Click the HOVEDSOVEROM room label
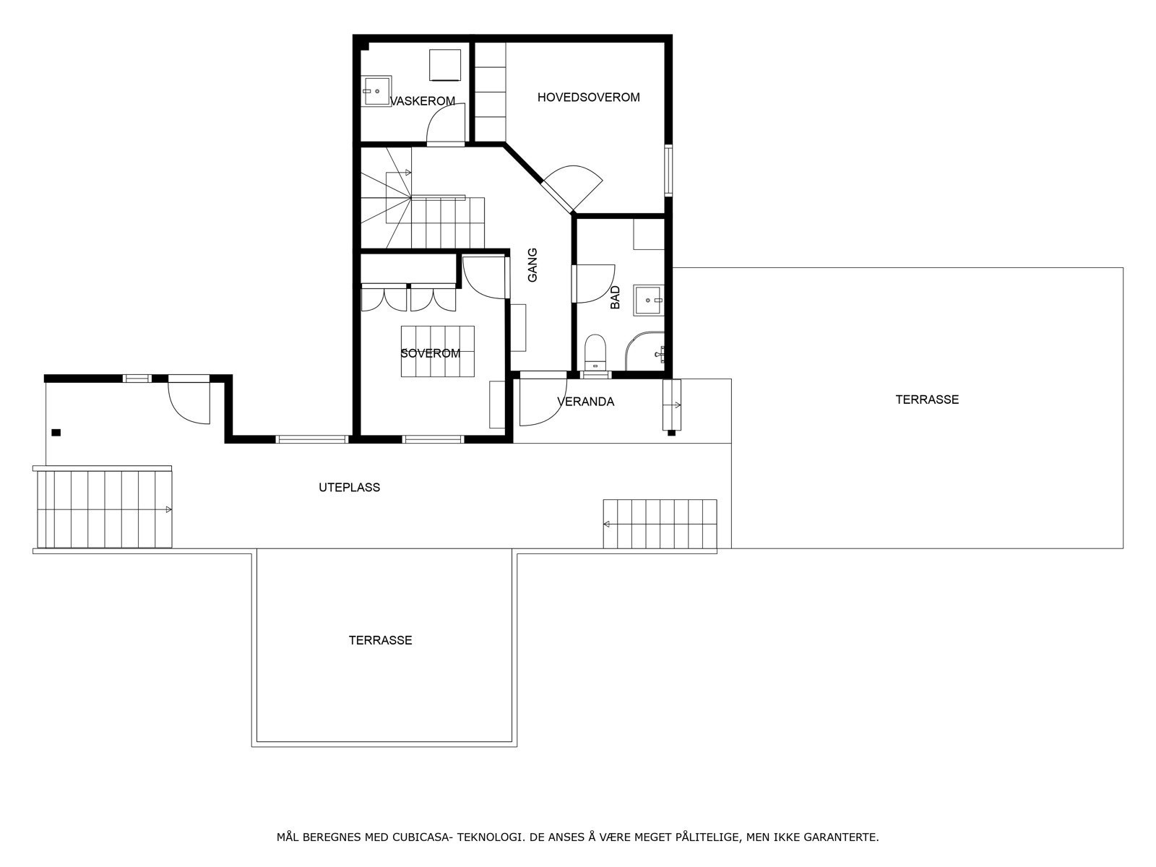tap(588, 97)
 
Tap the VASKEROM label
tap(423, 101)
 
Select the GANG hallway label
tap(533, 265)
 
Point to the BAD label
tap(616, 297)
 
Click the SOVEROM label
tap(430, 353)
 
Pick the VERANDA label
tap(585, 402)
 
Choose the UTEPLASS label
tap(349, 488)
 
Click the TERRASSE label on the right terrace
tap(927, 400)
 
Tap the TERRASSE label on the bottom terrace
tap(380, 640)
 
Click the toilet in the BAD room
tap(595, 351)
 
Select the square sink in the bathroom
tap(648, 300)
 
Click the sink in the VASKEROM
tap(376, 91)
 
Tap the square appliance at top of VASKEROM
tap(445, 64)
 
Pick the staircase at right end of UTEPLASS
tap(660, 524)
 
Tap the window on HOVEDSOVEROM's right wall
tap(668, 171)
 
